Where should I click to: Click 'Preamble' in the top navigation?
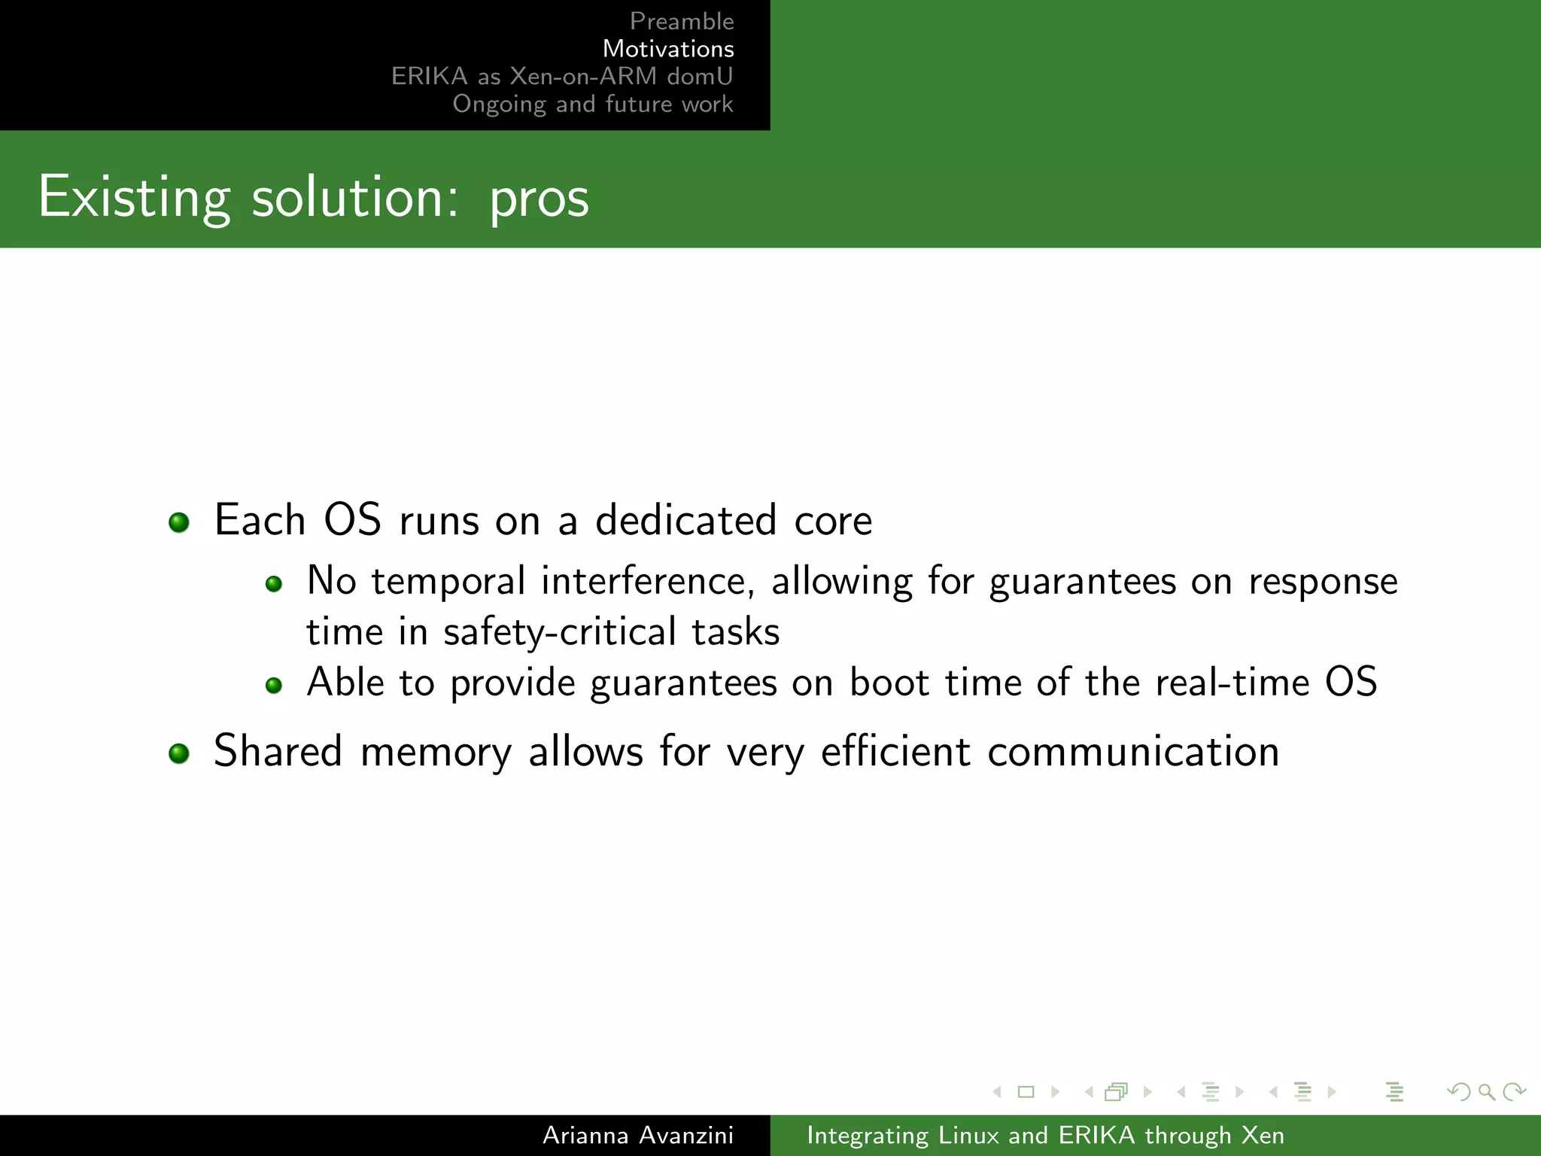(681, 21)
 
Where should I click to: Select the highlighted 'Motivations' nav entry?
(667, 49)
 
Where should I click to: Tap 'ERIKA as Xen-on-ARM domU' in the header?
(561, 76)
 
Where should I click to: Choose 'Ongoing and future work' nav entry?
(592, 104)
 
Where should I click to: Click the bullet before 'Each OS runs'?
(179, 522)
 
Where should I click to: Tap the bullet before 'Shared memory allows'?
(179, 753)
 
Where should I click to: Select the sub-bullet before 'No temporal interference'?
(274, 584)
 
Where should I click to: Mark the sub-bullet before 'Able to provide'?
(274, 685)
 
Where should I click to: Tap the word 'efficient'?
(895, 751)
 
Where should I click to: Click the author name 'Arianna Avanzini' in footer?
(637, 1135)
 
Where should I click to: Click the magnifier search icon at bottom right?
(1486, 1092)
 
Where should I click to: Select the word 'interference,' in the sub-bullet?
(647, 582)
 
